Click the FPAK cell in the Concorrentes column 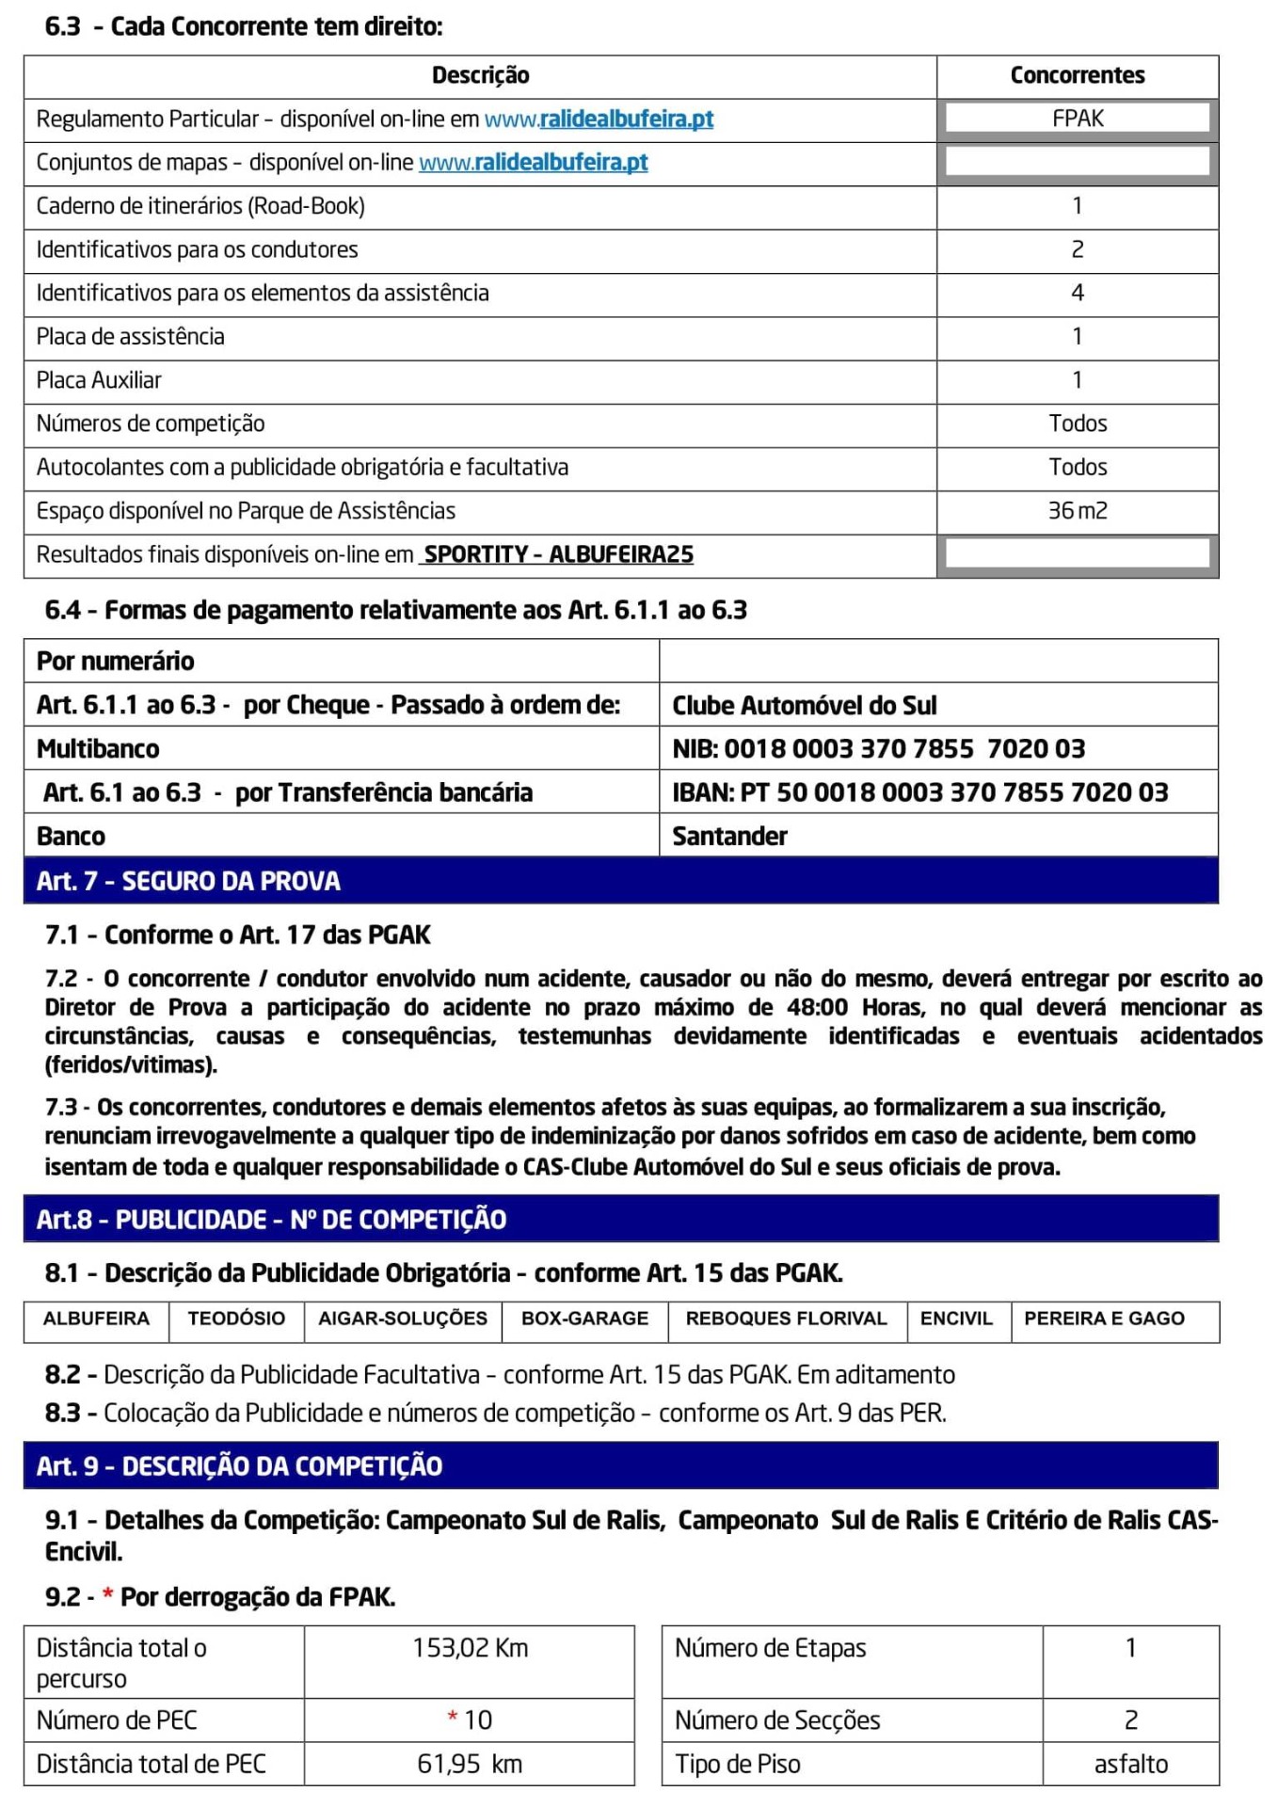click(x=1078, y=119)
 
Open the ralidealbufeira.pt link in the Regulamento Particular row click(x=599, y=120)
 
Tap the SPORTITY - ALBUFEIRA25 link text click(x=558, y=554)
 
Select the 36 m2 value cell click(x=1078, y=511)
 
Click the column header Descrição click(x=480, y=75)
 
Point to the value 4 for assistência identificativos click(x=1078, y=293)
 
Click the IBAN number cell click(x=919, y=792)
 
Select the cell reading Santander click(x=729, y=836)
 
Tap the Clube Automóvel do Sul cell click(x=804, y=705)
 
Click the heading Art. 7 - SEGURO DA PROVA click(x=188, y=881)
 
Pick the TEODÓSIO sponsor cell click(x=236, y=1319)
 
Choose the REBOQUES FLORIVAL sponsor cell click(x=786, y=1319)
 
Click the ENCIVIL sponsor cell click(x=956, y=1319)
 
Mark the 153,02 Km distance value click(x=470, y=1648)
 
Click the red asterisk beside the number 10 click(x=453, y=1719)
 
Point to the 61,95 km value click(x=470, y=1764)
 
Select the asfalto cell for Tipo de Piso click(x=1130, y=1764)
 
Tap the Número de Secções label click(x=777, y=1720)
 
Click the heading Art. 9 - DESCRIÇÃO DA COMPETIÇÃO click(x=239, y=1465)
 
